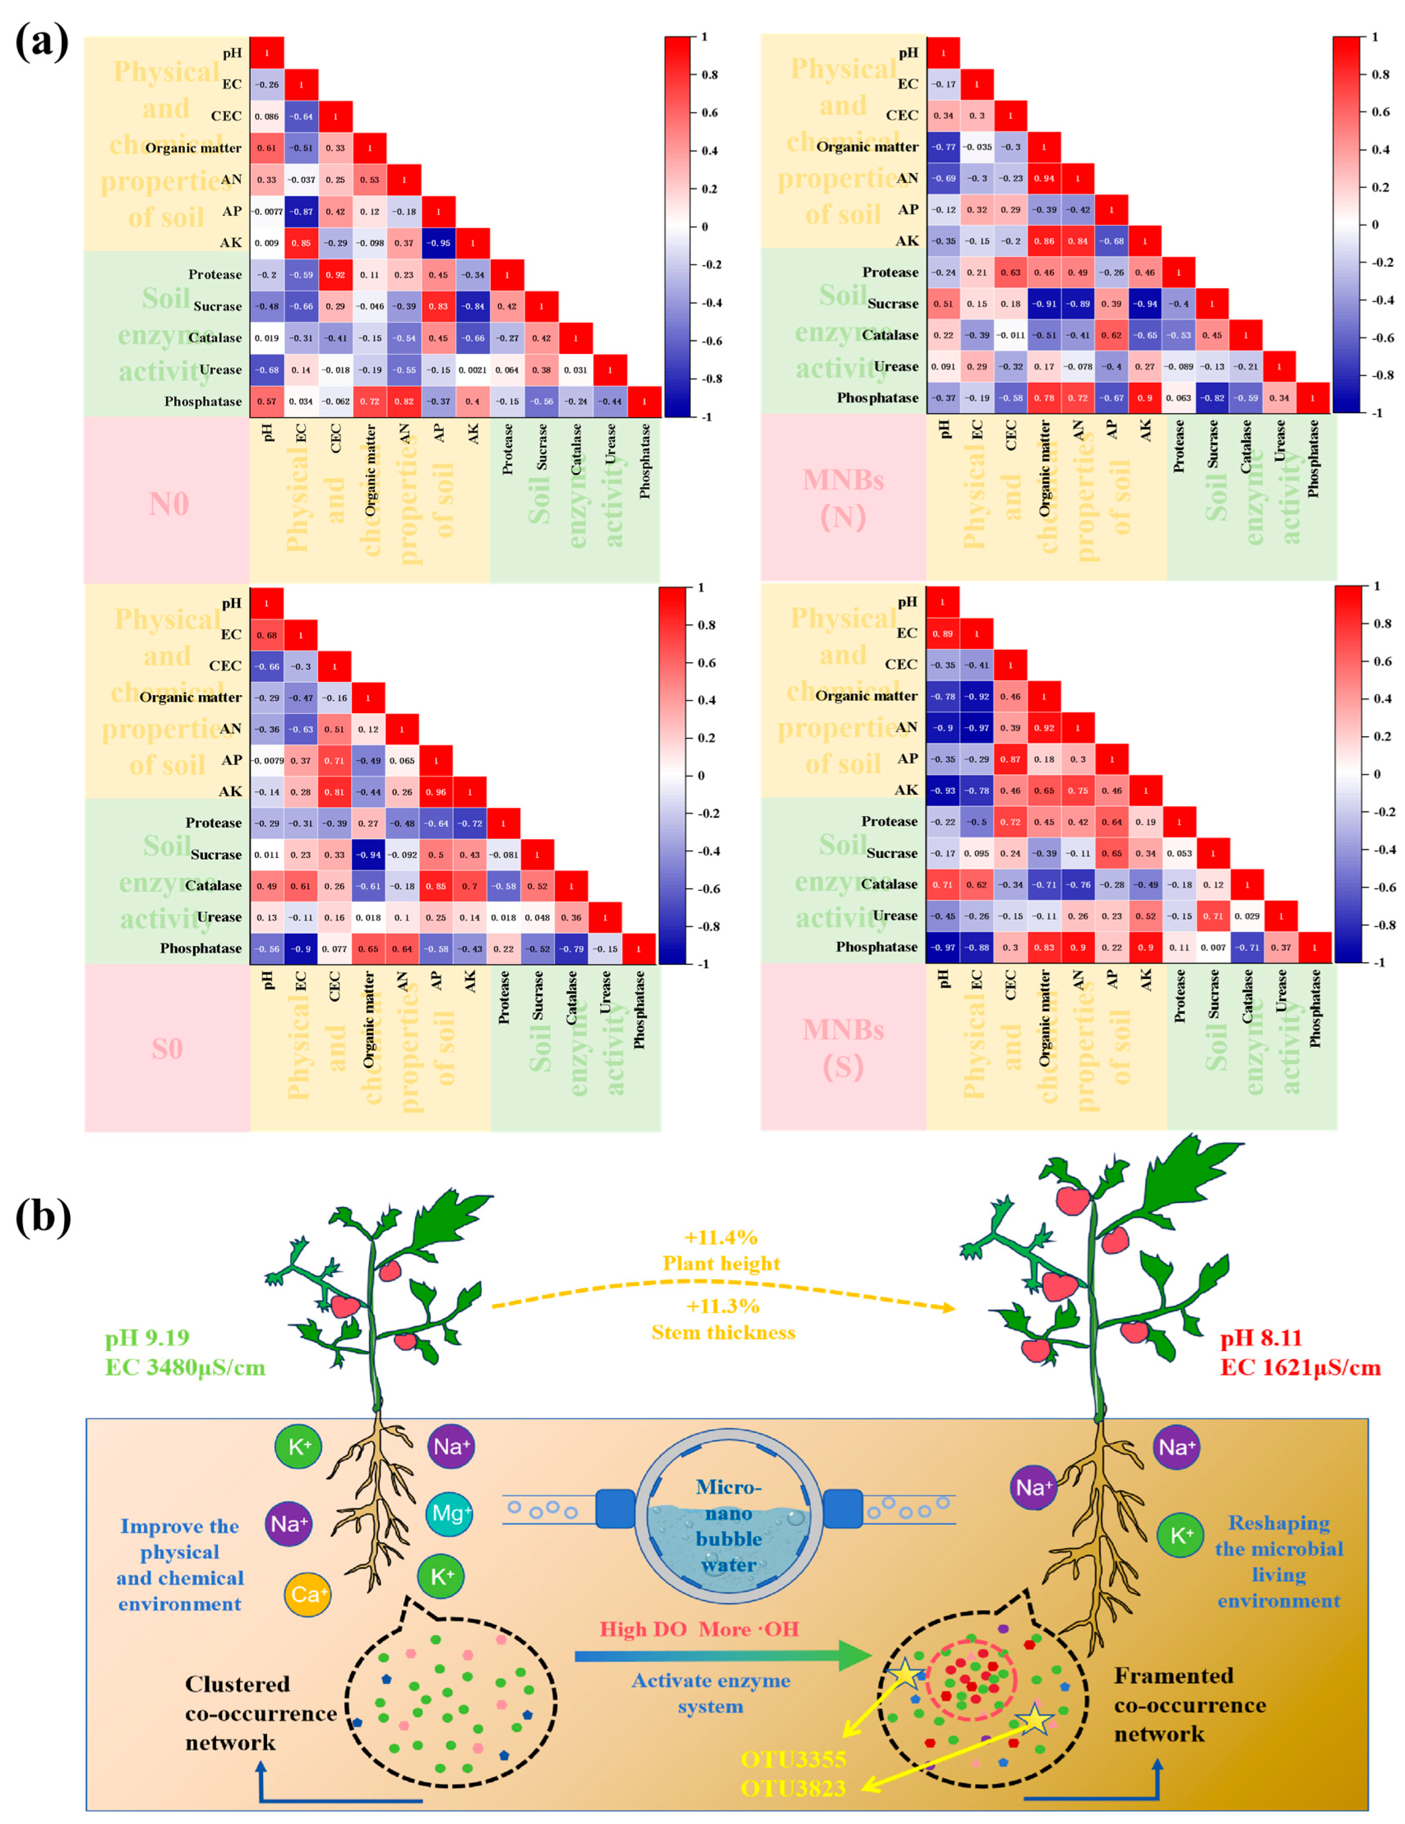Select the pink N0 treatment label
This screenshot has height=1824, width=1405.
coord(168,505)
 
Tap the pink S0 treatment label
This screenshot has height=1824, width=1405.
coord(167,1049)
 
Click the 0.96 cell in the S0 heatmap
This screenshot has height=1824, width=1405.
coord(436,792)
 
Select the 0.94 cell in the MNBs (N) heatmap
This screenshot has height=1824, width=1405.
coord(1043,178)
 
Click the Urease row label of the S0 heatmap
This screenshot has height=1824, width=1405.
coord(219,917)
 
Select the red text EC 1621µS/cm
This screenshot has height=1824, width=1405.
coord(1300,1367)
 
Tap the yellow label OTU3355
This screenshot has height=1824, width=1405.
coord(793,1759)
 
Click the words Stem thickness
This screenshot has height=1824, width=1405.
coord(723,1333)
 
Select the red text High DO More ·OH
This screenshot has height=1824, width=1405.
coord(699,1629)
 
